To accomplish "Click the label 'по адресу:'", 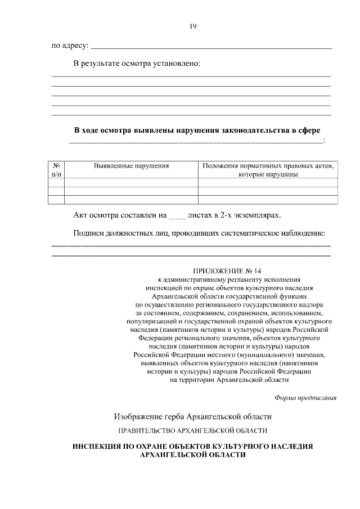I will tap(70, 46).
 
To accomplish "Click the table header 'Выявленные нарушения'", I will tap(131, 166).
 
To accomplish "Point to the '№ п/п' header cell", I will tap(56, 170).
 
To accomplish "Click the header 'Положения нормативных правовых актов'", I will tap(268, 166).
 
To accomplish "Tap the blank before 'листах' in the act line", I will tap(177, 216).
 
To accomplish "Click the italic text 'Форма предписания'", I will tap(305, 398).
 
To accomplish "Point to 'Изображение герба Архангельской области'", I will tap(192, 417).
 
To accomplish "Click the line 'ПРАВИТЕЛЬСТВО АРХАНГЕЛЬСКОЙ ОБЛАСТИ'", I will tap(192, 431).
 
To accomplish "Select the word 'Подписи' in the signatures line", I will tap(88, 233).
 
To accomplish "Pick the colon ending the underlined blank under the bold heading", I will tap(325, 141).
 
